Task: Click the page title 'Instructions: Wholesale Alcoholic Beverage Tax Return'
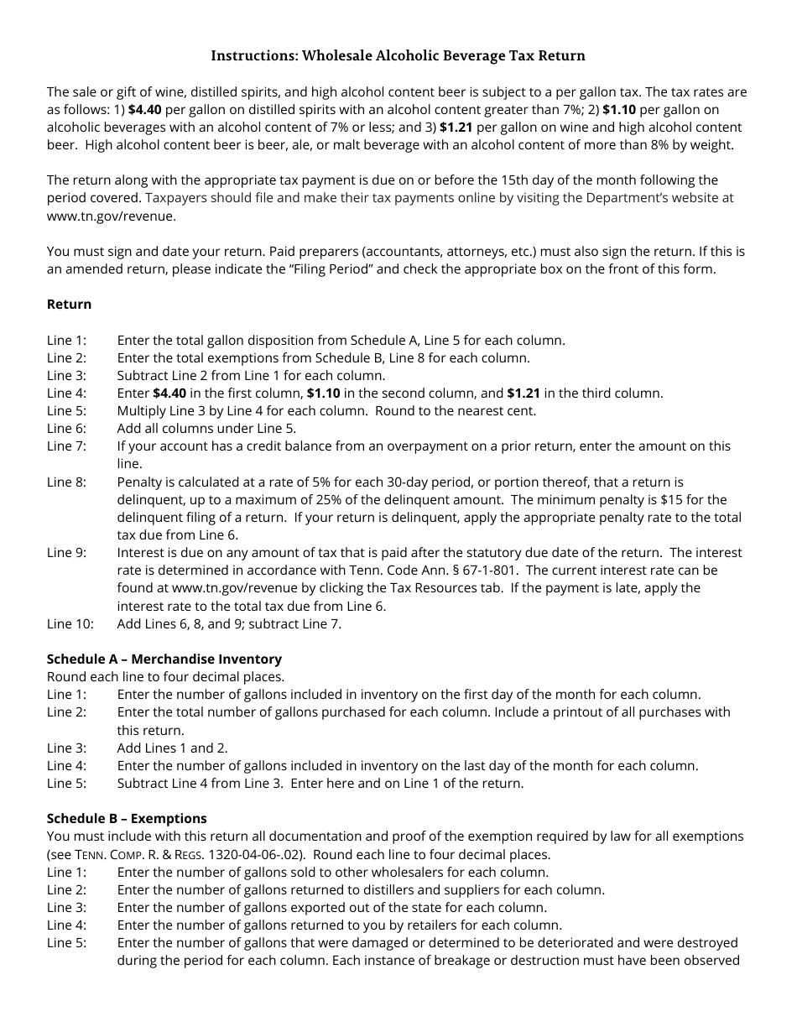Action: tap(398, 56)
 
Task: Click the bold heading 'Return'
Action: tap(69, 305)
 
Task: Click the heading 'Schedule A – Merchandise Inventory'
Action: tap(164, 659)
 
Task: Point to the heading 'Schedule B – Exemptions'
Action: tap(127, 819)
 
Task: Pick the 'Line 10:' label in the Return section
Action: tap(70, 624)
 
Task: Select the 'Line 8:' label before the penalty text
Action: tap(66, 482)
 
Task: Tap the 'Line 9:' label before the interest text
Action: tap(66, 553)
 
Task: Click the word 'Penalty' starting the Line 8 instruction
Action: tap(140, 482)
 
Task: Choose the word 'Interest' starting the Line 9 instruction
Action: tap(141, 553)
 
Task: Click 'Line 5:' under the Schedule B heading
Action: tap(66, 943)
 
